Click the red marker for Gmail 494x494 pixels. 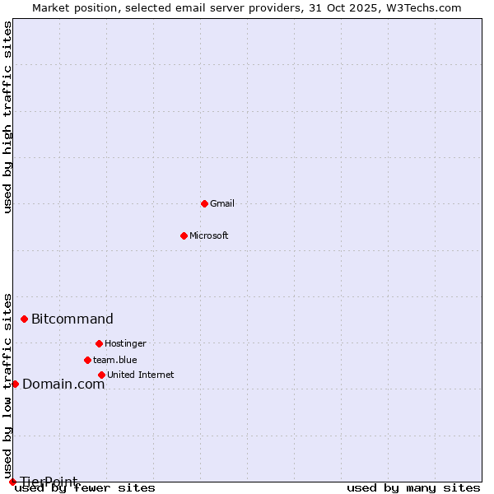[204, 203]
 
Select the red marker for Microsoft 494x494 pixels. [184, 235]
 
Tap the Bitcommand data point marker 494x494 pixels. [24, 319]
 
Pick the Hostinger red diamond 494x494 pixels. [99, 343]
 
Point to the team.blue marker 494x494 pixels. [87, 360]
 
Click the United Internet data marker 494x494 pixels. [101, 375]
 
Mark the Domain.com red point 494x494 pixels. [15, 384]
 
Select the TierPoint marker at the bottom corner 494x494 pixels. [12, 482]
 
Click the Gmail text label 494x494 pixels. [222, 203]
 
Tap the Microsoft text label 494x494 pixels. [208, 235]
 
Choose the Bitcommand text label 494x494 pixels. [72, 319]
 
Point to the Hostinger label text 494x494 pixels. [125, 343]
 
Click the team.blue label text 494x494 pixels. [115, 360]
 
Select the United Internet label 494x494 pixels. [140, 375]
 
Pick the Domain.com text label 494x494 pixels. [63, 384]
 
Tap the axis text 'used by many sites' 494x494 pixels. [413, 487]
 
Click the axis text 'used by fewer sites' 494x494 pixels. [86, 487]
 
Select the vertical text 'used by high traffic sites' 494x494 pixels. [7, 117]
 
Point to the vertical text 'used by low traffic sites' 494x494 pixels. [7, 385]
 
